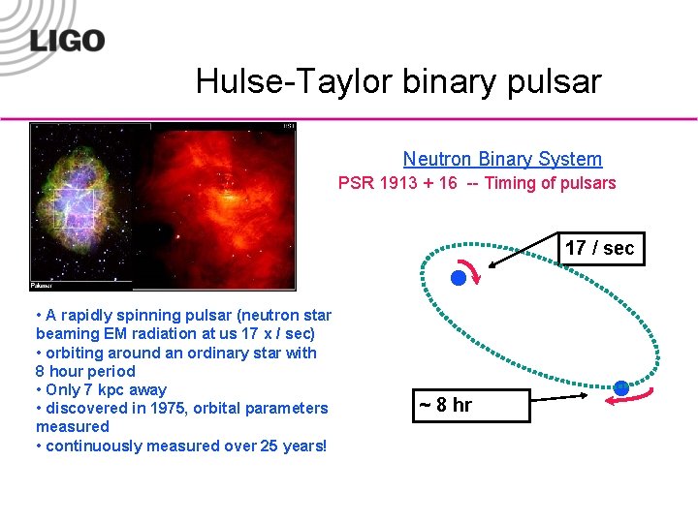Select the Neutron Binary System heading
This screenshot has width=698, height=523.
coord(502,159)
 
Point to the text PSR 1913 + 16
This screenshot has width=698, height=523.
coord(397,183)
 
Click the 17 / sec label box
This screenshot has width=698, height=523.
coord(599,248)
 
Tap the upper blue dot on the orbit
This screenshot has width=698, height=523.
coord(459,278)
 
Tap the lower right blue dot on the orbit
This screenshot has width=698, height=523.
coord(621,388)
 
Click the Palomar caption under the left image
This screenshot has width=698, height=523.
coord(43,286)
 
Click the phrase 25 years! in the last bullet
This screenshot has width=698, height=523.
coord(291,446)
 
